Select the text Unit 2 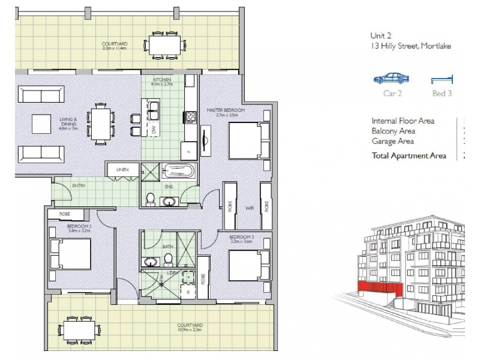pyautogui.click(x=379, y=35)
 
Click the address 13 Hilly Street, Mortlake pyautogui.click(x=410, y=46)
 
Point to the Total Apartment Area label pyautogui.click(x=409, y=156)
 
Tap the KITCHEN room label pyautogui.click(x=162, y=80)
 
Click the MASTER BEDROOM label pyautogui.click(x=225, y=111)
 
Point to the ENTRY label pyautogui.click(x=79, y=186)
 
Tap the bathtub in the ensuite pyautogui.click(x=177, y=172)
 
